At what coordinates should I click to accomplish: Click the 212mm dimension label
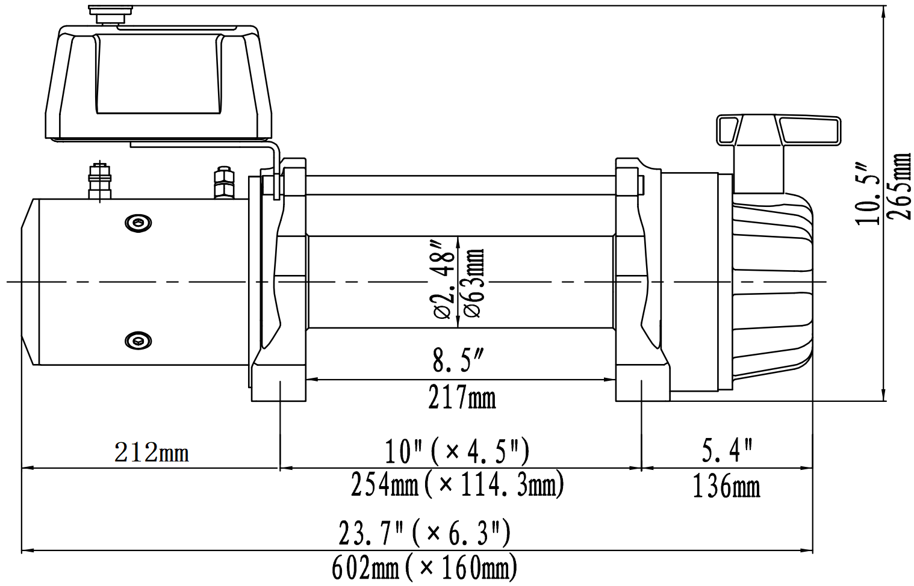click(x=151, y=452)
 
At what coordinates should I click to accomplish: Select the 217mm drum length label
click(x=462, y=398)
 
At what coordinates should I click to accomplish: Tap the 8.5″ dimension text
click(x=458, y=360)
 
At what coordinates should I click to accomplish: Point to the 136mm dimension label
click(x=726, y=486)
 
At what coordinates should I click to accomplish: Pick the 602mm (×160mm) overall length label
click(x=424, y=567)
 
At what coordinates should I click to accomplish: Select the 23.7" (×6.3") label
click(x=424, y=533)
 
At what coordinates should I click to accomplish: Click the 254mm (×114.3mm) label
click(x=457, y=484)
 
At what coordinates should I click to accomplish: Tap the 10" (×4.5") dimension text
click(x=457, y=451)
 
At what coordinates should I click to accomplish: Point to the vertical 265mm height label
click(x=900, y=187)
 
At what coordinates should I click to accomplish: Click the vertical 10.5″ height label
click(x=867, y=193)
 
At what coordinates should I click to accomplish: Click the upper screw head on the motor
click(x=138, y=223)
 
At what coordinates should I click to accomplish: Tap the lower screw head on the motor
click(x=138, y=341)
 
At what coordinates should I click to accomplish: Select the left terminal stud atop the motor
click(x=99, y=180)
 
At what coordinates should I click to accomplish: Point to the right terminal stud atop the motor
click(x=223, y=183)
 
